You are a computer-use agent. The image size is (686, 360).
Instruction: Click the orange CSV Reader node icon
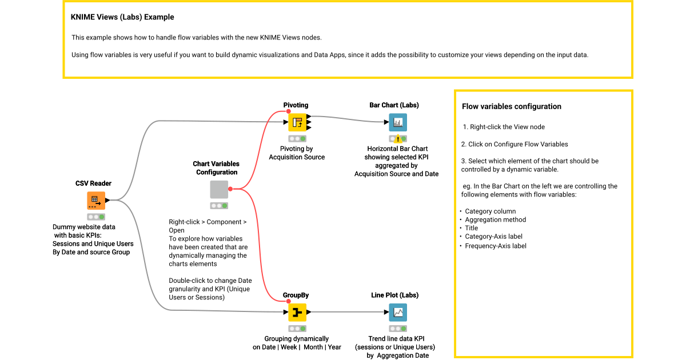[96, 201]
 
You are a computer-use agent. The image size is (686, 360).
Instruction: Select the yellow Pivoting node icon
[297, 122]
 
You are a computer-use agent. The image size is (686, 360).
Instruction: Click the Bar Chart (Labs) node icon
[397, 122]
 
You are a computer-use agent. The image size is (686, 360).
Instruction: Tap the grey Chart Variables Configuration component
[219, 189]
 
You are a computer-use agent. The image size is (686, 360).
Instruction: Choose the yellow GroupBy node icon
[297, 313]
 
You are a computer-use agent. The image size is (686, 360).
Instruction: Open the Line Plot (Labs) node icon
[397, 313]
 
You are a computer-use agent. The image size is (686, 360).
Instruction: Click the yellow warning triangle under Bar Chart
[398, 139]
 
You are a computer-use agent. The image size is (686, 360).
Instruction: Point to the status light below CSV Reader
[96, 217]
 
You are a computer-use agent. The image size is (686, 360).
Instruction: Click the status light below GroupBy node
[297, 329]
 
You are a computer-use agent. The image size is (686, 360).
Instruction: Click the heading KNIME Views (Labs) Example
[122, 17]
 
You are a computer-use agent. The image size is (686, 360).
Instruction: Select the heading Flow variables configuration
[511, 106]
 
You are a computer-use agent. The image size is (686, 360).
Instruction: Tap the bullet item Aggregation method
[495, 219]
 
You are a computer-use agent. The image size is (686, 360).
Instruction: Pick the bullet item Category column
[490, 211]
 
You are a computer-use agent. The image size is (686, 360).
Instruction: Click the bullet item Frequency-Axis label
[495, 246]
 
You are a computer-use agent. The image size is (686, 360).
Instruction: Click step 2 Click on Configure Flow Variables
[514, 144]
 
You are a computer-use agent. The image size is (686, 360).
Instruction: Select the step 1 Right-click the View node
[504, 127]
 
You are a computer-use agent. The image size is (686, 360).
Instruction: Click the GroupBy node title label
[296, 295]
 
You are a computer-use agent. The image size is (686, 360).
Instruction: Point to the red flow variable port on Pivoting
[289, 113]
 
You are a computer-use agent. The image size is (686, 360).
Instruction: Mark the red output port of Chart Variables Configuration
[230, 189]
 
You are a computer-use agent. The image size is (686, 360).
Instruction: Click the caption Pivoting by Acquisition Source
[297, 153]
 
